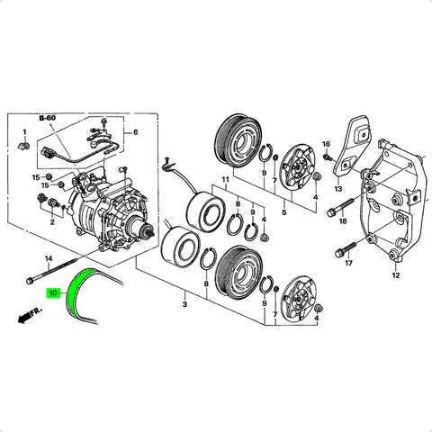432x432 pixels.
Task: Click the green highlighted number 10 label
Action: pos(53,292)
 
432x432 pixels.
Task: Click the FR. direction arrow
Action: pos(30,316)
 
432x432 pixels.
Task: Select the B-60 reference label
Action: pos(48,118)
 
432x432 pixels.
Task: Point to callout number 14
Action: pos(49,258)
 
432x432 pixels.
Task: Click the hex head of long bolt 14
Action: pos(30,281)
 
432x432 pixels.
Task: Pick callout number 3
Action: pos(184,304)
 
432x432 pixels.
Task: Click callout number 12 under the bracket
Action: pos(396,275)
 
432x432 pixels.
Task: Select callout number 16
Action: pos(326,144)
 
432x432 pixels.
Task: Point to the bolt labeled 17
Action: pos(346,250)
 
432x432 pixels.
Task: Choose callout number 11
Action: pos(225,180)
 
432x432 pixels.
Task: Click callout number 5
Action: pos(283,212)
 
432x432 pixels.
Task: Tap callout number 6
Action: pos(135,132)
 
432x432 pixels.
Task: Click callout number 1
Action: pos(25,132)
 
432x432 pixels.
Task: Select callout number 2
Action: pos(52,222)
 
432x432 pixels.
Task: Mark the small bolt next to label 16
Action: pos(328,157)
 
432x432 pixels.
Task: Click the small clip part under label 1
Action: pos(24,146)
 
